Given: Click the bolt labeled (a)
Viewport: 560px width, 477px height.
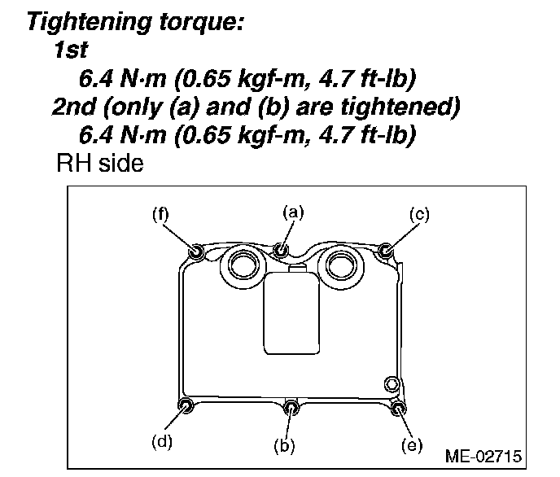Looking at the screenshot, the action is coord(281,248).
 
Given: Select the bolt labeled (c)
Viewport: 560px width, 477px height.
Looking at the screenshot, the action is coord(387,249).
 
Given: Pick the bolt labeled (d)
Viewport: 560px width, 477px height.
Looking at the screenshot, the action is coord(186,406).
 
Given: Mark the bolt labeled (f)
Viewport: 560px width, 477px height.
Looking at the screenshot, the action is coord(195,250).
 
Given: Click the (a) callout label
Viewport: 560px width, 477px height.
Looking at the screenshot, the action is coord(293,212).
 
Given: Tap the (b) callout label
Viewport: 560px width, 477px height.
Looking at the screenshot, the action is coord(287,444).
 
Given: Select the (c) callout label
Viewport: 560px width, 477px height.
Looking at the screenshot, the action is coord(418,214).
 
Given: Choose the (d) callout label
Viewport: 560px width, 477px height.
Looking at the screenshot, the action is coord(163,442).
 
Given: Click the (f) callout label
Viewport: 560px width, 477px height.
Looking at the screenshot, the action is coord(160,214).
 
